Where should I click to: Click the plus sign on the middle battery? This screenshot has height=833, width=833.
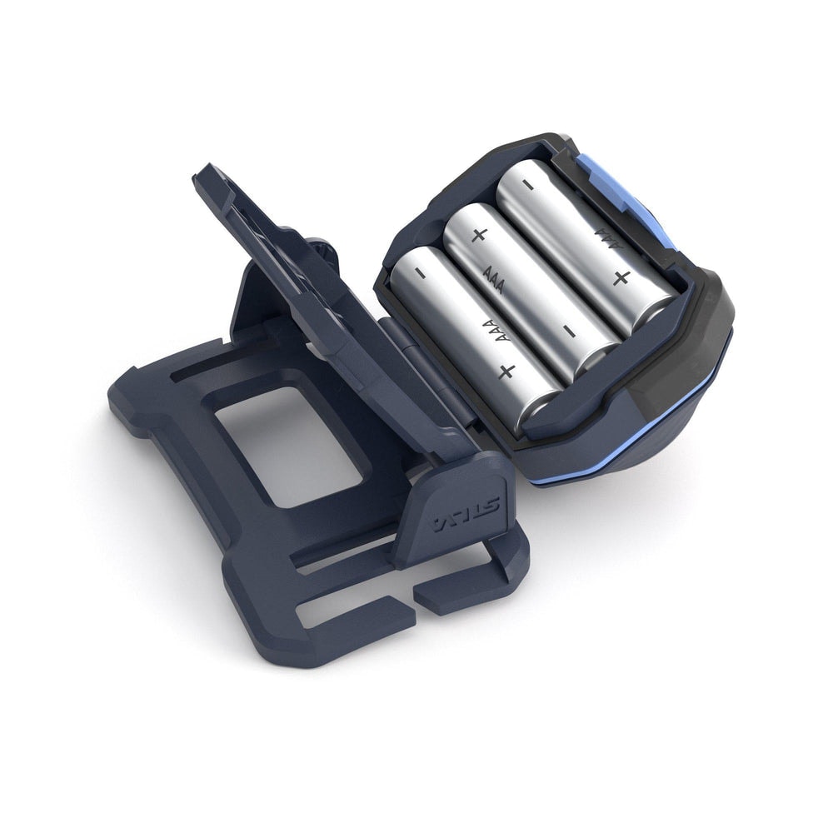[x=478, y=235]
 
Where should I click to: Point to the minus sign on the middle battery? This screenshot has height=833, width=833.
[x=568, y=332]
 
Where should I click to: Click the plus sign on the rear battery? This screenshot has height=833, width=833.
[x=620, y=277]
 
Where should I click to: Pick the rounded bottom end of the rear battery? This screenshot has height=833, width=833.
[x=658, y=312]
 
